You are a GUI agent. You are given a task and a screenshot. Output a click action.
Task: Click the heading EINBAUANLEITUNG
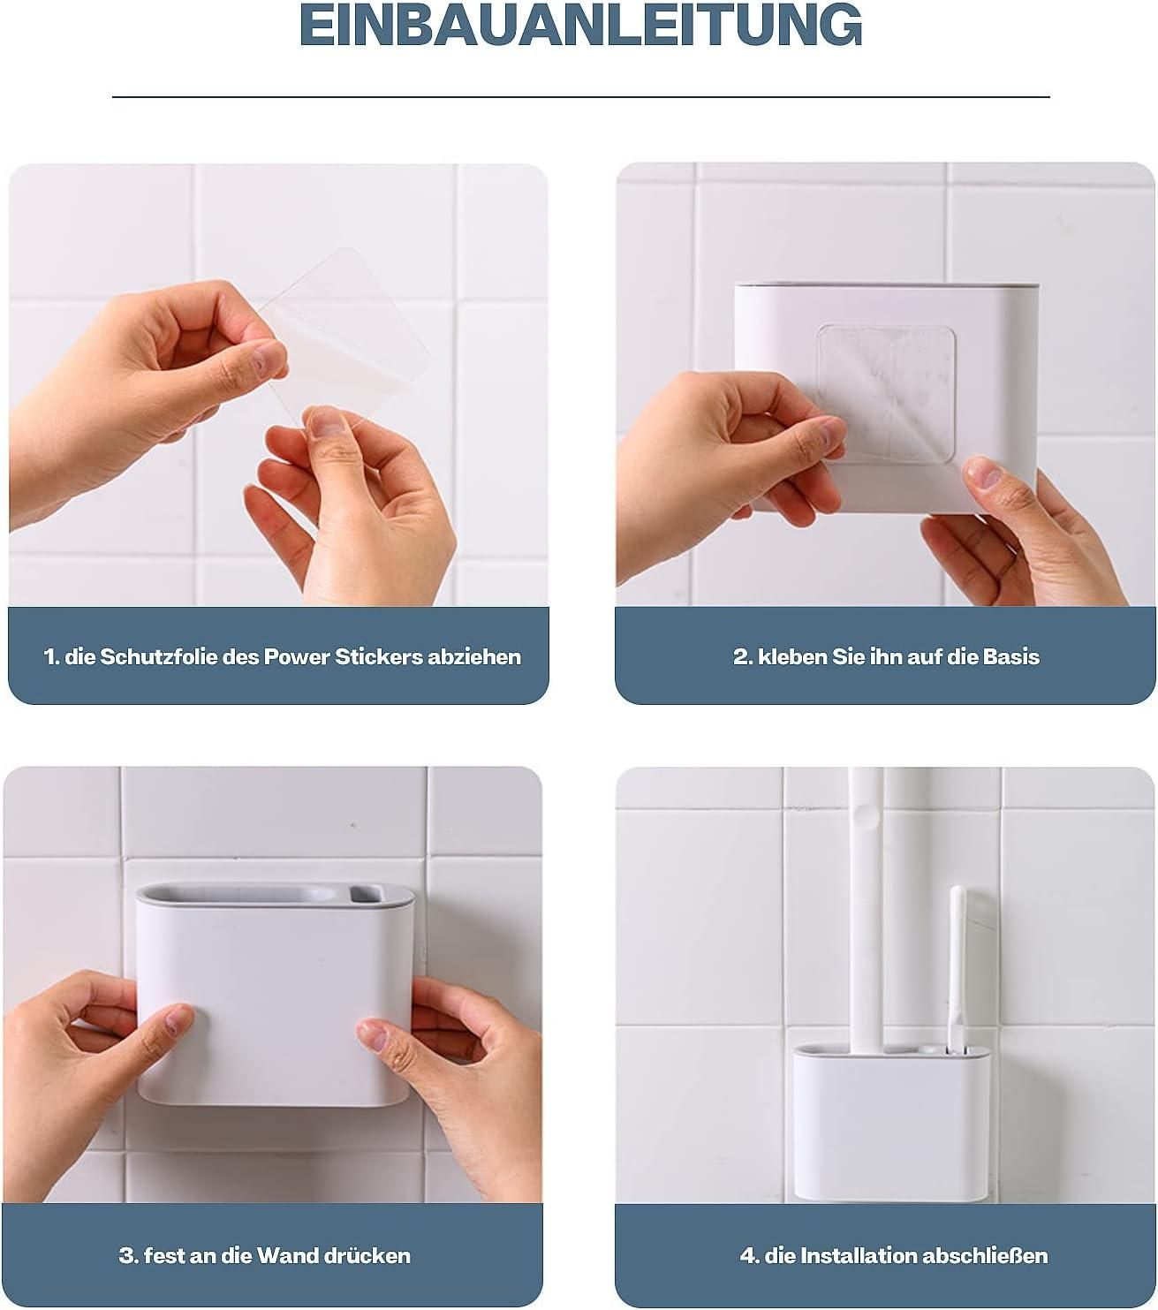(580, 27)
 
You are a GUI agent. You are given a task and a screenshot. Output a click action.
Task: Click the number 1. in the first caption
(51, 657)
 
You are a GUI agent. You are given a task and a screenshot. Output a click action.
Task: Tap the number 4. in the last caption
(750, 1255)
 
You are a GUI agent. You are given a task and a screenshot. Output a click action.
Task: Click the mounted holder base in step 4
(890, 1122)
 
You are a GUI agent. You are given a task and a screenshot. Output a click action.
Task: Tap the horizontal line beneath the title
(580, 96)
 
